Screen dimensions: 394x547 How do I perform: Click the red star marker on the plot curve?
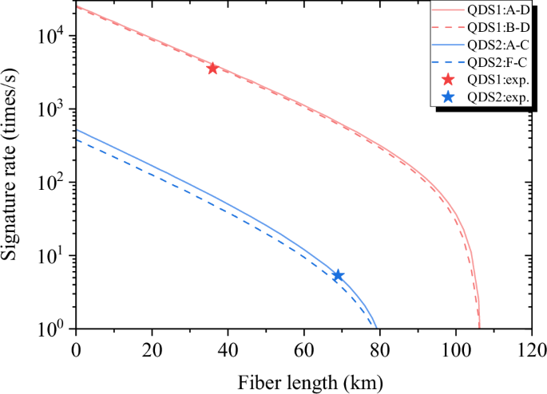212,68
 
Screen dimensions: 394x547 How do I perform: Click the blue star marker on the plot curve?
338,275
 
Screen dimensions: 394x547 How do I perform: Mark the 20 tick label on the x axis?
152,349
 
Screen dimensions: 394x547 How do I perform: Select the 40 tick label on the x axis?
228,349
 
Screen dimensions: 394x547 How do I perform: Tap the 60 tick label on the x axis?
303,349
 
